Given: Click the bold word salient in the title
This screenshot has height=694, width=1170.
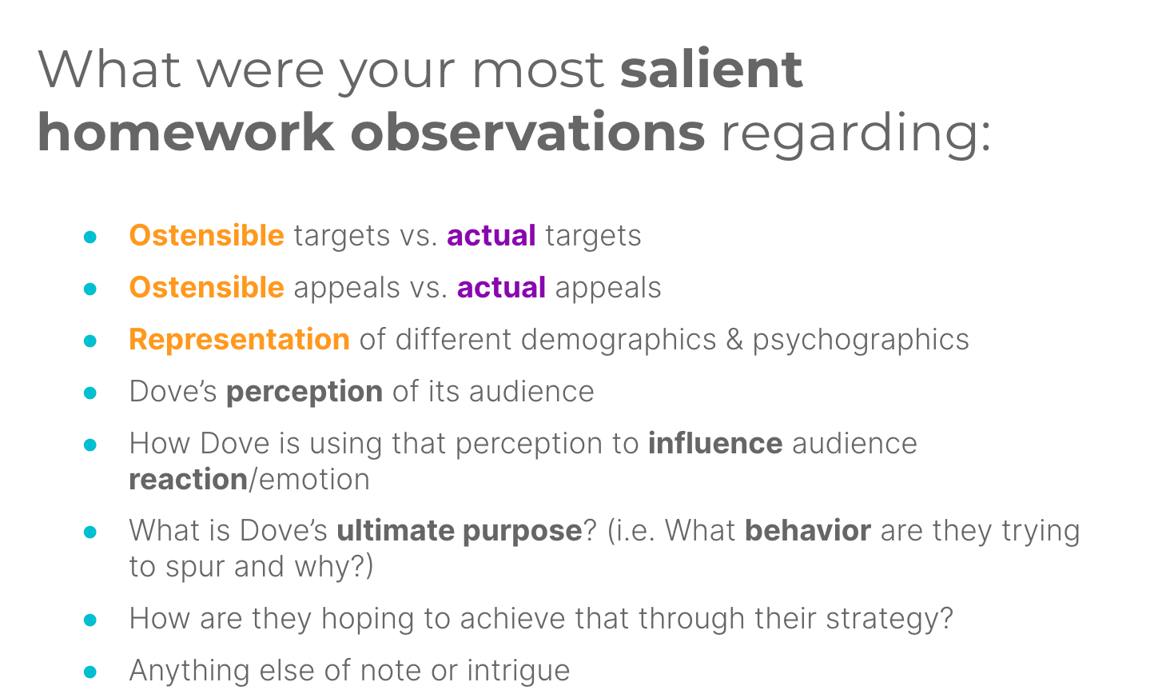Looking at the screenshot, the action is (711, 70).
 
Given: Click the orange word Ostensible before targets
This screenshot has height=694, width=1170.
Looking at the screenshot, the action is (207, 235).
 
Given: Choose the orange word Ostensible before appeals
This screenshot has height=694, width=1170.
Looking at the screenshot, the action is (207, 287).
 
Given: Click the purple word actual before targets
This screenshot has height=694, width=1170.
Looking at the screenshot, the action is (491, 235).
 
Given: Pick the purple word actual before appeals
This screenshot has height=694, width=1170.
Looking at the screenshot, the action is (501, 287).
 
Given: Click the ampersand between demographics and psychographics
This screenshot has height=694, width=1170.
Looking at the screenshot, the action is (734, 340).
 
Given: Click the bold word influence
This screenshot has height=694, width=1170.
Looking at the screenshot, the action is (715, 443).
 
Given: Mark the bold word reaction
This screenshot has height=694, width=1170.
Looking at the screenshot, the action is (189, 479).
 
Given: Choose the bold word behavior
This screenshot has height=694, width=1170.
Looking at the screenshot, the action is (808, 530).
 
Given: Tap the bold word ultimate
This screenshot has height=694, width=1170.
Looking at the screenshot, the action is (396, 530).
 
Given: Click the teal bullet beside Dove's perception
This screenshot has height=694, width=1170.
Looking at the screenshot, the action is (90, 393).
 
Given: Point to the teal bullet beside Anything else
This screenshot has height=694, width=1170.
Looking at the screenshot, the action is (90, 672).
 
